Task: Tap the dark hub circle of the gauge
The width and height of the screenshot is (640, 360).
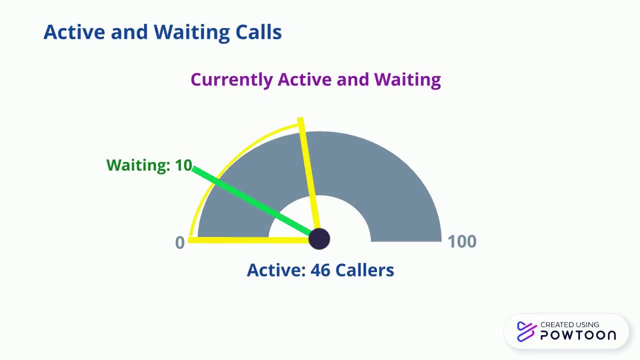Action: point(319,239)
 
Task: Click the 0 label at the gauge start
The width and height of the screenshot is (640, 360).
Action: point(180,243)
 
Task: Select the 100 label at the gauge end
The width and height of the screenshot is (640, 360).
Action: point(461,242)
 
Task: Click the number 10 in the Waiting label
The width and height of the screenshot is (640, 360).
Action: point(183,165)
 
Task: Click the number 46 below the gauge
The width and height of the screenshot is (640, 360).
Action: point(320,270)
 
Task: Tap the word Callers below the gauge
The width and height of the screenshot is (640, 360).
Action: point(364,270)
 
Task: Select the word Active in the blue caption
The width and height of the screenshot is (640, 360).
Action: point(276,270)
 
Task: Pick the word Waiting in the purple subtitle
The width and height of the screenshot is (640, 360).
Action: point(407,80)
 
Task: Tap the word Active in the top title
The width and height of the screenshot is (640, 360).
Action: point(74,32)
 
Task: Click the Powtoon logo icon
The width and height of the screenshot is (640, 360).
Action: point(526,331)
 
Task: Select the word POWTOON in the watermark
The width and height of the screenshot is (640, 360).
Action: point(578,335)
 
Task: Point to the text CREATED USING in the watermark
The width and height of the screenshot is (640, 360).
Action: point(569,325)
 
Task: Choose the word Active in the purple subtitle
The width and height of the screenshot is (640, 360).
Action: point(304,80)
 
